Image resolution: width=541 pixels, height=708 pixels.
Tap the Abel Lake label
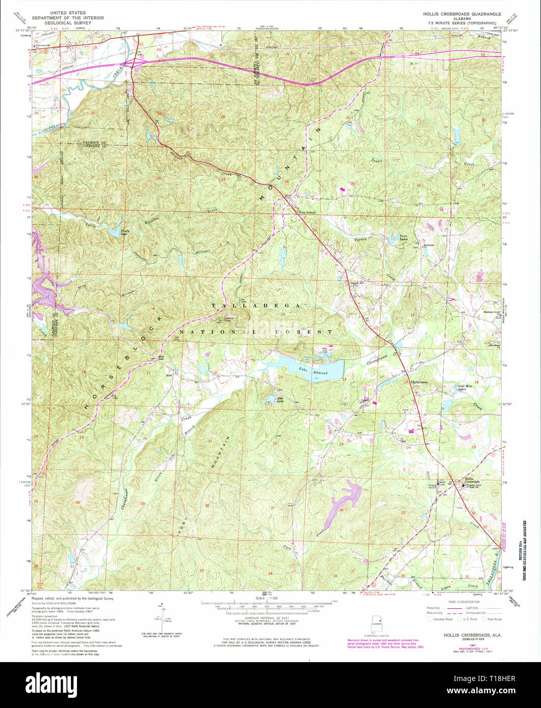pos(279,400)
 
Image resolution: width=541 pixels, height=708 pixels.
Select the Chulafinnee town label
pos(419,383)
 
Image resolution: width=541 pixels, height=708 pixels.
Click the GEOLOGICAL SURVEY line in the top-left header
pos(68,23)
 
